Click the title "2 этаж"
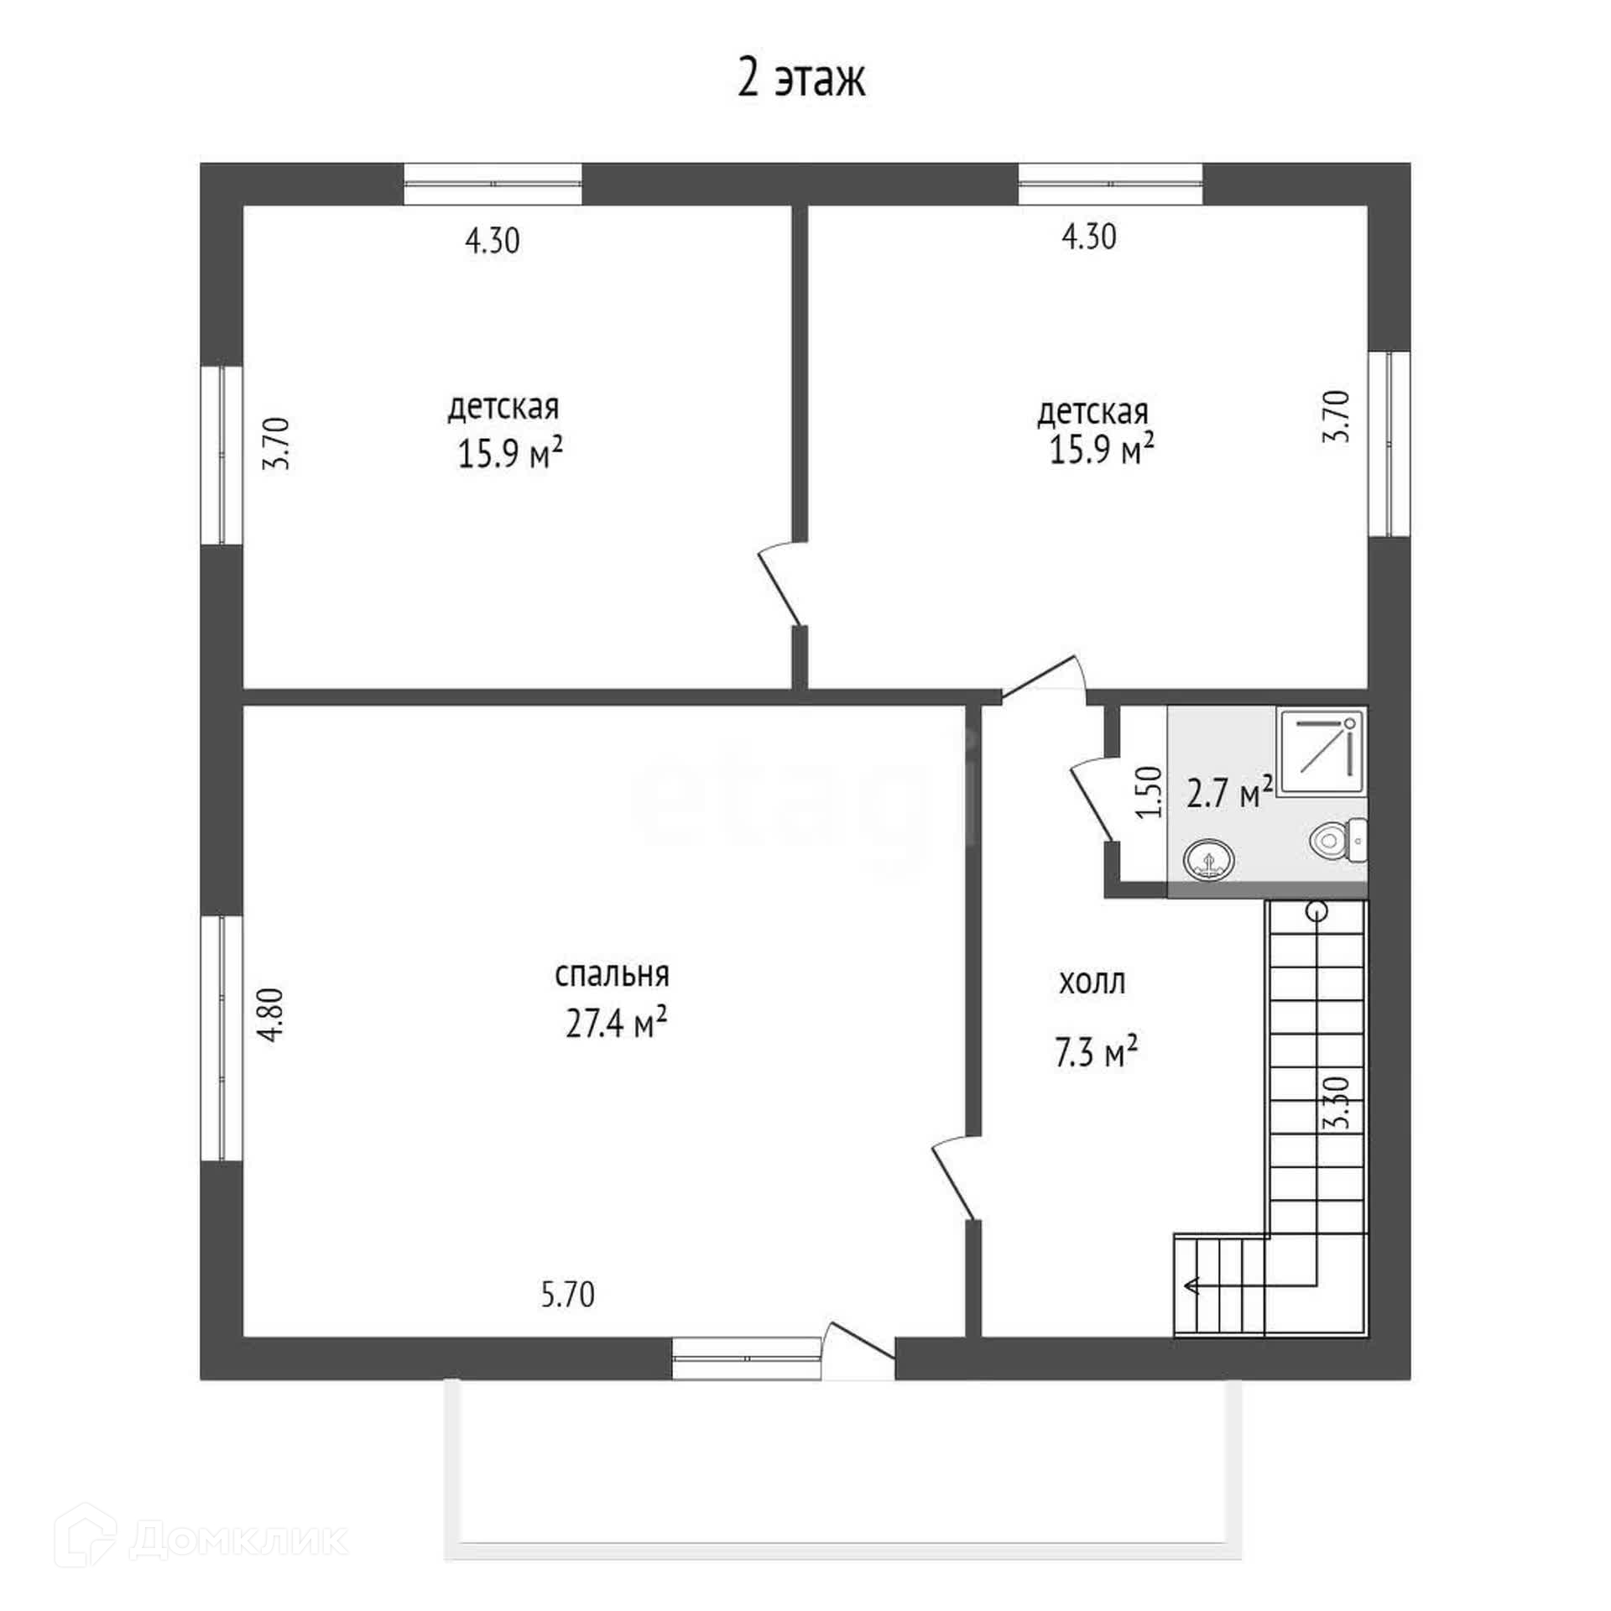pos(801,80)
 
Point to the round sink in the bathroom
pos(1209,860)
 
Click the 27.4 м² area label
pos(616,1023)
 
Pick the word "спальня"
pos(612,975)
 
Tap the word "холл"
pos(1092,983)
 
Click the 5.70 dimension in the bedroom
pos(568,1295)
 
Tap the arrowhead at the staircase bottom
pos(1191,1308)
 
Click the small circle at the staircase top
pos(1316,910)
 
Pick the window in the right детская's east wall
pos(1389,444)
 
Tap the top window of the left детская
pos(493,184)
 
